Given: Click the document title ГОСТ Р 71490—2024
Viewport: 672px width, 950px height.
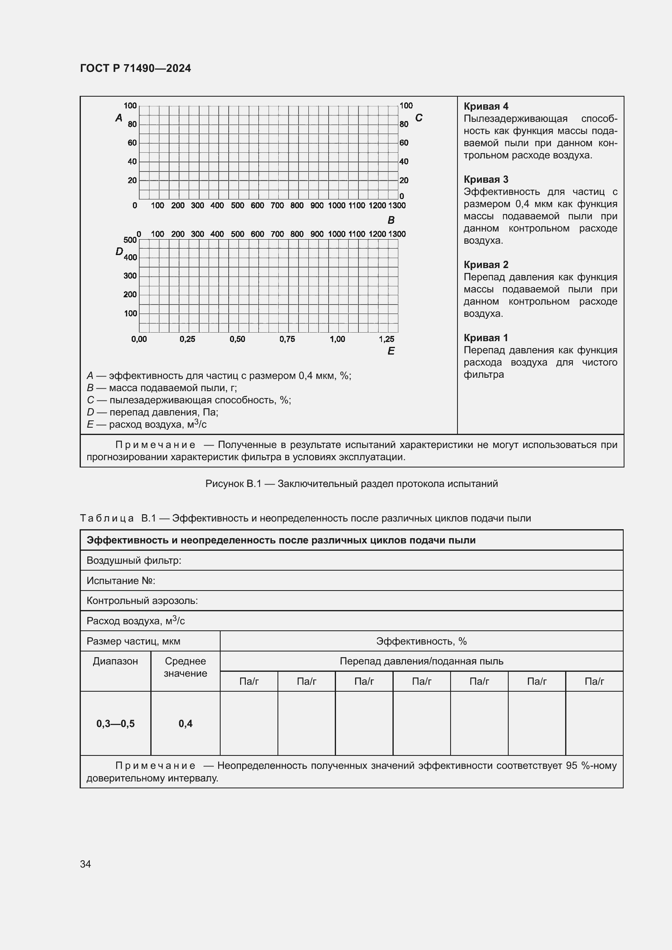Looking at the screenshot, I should (135, 68).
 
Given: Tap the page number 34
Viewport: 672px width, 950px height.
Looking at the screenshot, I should (85, 864).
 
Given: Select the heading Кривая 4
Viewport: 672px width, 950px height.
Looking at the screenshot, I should (486, 106).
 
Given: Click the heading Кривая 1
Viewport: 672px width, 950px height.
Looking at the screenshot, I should (486, 338).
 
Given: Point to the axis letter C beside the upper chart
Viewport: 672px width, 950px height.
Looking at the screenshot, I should (418, 118).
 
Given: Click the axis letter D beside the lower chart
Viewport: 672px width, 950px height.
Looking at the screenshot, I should (119, 251).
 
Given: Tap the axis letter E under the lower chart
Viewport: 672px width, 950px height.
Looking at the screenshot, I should (390, 351).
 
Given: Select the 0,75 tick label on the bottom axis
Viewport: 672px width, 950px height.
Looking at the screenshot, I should (287, 339).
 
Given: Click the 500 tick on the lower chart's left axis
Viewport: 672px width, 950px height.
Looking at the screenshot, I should (130, 240).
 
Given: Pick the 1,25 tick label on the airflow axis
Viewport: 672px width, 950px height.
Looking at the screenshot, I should (386, 339).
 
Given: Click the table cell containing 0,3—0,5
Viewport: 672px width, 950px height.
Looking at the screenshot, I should (115, 723).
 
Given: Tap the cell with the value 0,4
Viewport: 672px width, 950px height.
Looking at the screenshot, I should (185, 723).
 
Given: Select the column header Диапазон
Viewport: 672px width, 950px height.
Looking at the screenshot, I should (115, 661).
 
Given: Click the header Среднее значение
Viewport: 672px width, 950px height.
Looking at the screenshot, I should (185, 667).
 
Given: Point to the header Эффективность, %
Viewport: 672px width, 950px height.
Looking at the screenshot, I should (421, 641).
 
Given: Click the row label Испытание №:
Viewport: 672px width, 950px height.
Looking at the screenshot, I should (121, 580).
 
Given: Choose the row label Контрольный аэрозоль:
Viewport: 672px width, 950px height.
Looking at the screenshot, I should (142, 601).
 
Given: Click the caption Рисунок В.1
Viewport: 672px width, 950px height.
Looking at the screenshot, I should (351, 484).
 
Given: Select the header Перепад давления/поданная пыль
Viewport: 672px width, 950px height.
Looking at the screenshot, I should (421, 661).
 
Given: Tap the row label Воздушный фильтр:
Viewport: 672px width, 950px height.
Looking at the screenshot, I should (134, 560).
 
